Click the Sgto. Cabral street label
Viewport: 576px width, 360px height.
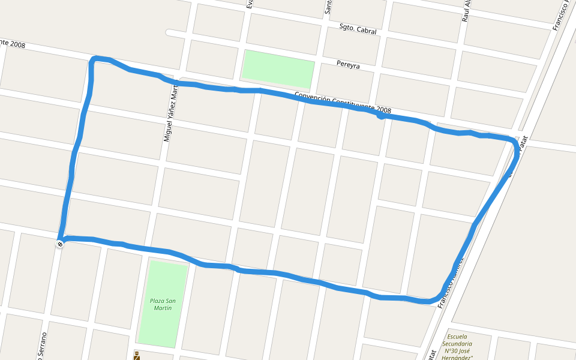358,29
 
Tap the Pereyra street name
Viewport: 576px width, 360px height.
348,65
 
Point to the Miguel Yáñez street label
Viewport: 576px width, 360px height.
171,113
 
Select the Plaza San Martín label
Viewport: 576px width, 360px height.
163,304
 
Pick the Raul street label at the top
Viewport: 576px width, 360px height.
465,11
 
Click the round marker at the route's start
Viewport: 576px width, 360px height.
60,243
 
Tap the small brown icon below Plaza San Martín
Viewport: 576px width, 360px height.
137,355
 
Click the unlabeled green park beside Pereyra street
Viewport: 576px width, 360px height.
278,68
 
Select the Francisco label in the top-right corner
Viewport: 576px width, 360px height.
561,15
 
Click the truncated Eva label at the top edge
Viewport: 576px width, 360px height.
250,4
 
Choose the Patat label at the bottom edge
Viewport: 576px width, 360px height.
431,355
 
